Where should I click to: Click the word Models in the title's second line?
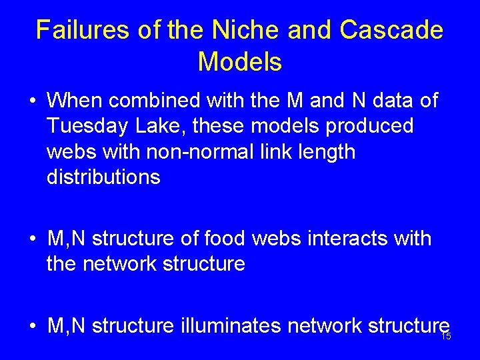240,62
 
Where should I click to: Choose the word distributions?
103,177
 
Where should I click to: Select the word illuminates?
225,325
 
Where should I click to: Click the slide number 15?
446,336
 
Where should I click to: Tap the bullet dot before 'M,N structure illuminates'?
31,327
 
